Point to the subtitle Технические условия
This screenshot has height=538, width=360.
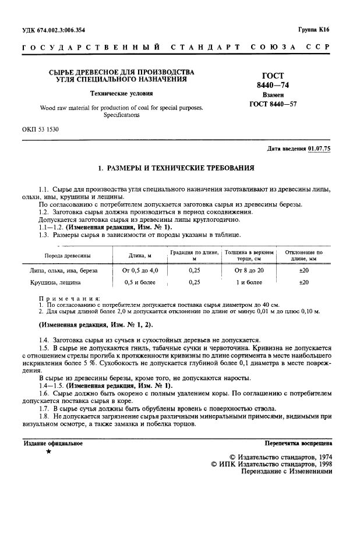click(122, 93)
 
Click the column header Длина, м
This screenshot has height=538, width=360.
click(140, 256)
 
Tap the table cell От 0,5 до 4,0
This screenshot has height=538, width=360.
click(140, 270)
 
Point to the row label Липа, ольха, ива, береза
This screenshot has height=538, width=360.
click(63, 270)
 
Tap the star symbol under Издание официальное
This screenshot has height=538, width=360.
click(49, 452)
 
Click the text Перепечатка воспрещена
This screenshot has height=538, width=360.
click(298, 443)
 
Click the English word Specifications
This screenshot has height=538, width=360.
click(122, 115)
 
